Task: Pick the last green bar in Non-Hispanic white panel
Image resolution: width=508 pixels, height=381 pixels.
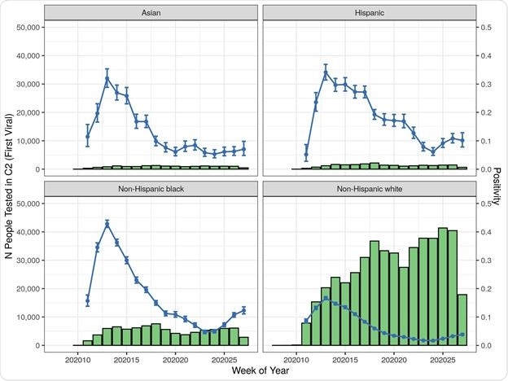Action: click(462, 319)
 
